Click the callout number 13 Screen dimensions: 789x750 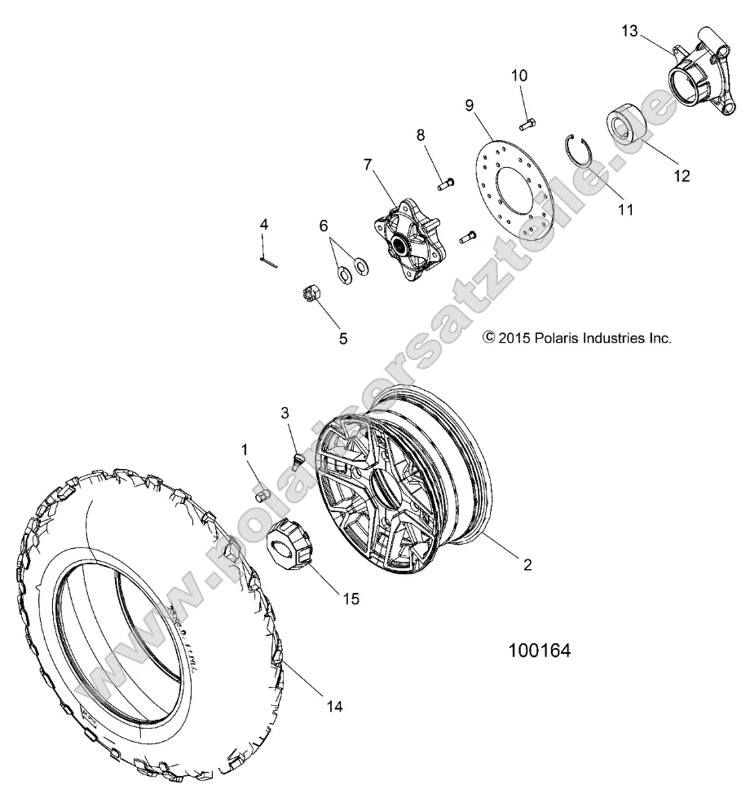(630, 32)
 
